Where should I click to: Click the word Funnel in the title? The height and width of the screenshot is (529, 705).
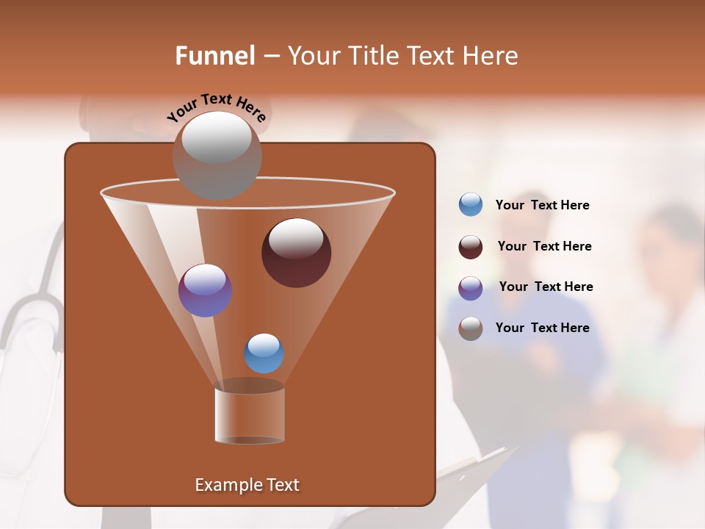pos(214,56)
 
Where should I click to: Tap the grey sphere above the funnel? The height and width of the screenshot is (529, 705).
pos(217,155)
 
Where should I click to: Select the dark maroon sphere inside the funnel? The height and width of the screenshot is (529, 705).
pos(296,253)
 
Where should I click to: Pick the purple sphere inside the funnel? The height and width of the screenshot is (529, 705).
pos(205,290)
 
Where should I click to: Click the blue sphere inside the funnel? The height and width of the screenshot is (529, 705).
pos(264,353)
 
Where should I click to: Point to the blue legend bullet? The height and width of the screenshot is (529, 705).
pos(471,205)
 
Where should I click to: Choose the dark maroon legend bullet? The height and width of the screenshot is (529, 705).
pos(471,247)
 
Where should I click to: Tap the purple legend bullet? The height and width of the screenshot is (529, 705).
pos(471,288)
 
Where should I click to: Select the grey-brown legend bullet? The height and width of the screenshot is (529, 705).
pos(471,328)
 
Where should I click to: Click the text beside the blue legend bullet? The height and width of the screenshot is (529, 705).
pos(542,206)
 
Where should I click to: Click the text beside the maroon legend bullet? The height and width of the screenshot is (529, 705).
pos(544,247)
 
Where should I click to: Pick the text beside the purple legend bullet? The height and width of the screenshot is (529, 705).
pos(546,287)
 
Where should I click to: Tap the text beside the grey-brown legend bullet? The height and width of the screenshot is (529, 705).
pos(542,328)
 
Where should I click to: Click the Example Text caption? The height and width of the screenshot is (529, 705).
pos(247,485)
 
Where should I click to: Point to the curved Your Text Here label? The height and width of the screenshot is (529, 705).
pos(216,107)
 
